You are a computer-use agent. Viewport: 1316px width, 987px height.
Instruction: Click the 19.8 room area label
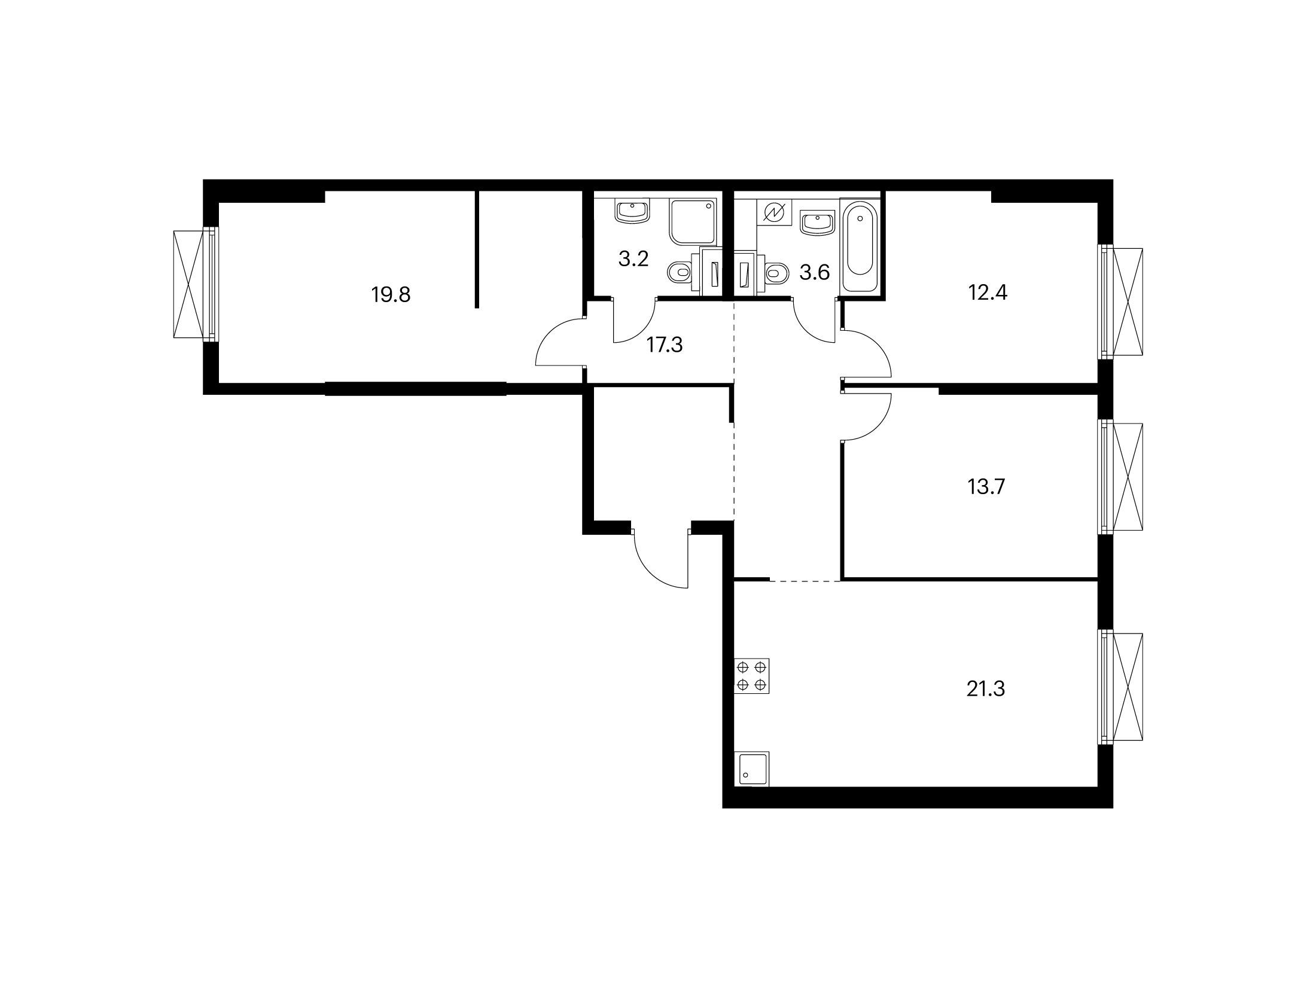pyautogui.click(x=391, y=295)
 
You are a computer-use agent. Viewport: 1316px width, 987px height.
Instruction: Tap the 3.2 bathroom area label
pyautogui.click(x=633, y=260)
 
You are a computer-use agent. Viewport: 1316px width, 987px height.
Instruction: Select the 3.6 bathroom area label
pyautogui.click(x=815, y=273)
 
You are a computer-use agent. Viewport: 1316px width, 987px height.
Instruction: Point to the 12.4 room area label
pyautogui.click(x=988, y=293)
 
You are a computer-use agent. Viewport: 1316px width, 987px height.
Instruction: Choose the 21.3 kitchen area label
pyautogui.click(x=986, y=690)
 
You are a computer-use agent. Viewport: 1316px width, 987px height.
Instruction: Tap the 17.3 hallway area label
pyautogui.click(x=665, y=345)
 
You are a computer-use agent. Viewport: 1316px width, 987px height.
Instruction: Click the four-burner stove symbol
pyautogui.click(x=752, y=676)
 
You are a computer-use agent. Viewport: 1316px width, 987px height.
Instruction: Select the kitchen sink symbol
pyautogui.click(x=752, y=769)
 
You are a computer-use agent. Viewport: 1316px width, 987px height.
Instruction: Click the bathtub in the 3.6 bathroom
pyautogui.click(x=860, y=246)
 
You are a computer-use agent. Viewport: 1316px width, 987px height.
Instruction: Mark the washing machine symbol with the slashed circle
pyautogui.click(x=775, y=212)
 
